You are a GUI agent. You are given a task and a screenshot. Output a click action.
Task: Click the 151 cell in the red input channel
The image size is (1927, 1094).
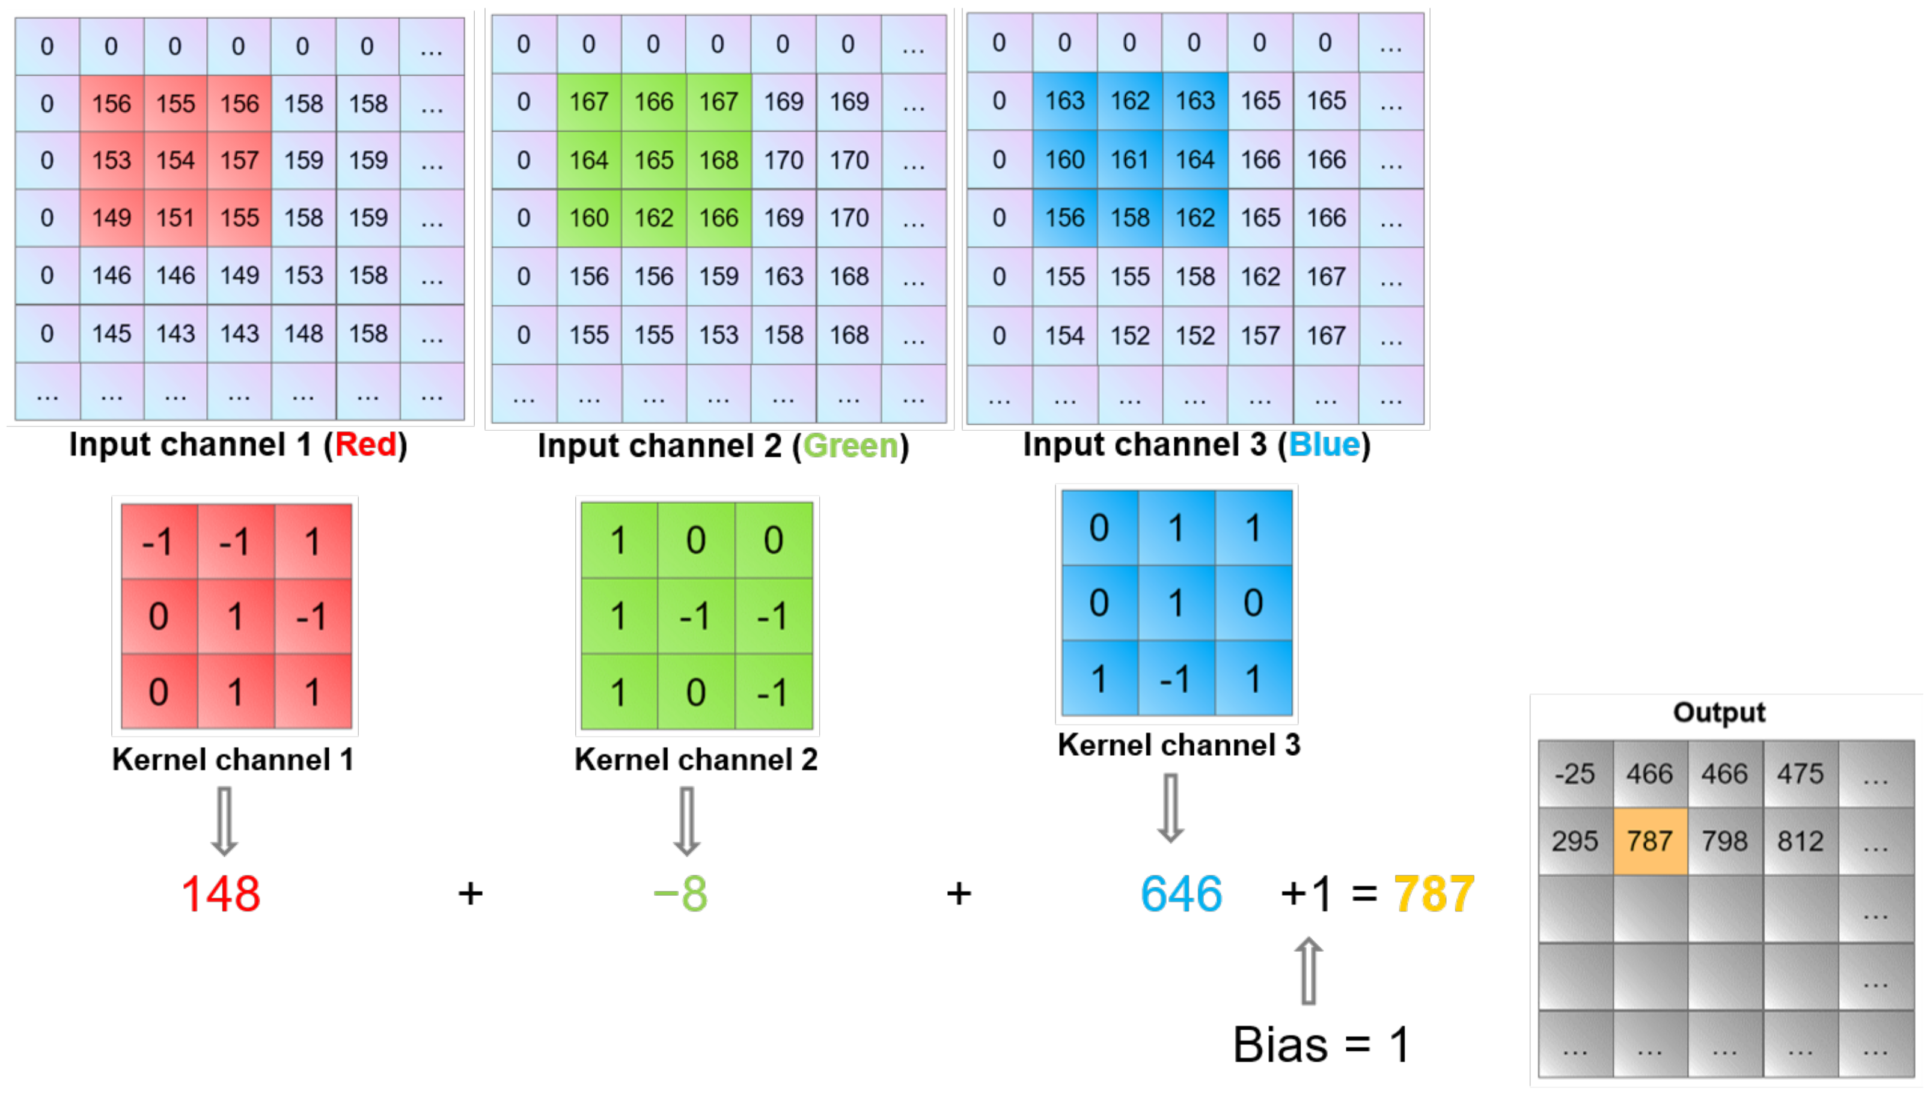point(175,218)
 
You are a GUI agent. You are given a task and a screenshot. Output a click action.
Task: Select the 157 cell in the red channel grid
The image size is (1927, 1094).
point(239,160)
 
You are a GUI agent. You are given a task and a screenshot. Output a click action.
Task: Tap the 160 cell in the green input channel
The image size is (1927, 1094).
point(588,218)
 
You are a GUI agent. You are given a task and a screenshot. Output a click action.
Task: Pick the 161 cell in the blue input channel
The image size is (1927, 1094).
point(1129,159)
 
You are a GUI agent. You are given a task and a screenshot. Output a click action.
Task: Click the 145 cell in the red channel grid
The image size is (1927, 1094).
point(111,333)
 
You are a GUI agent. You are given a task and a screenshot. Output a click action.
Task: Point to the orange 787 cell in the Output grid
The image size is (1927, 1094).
point(1650,841)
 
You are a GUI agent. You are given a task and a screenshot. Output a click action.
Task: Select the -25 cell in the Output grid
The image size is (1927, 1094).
point(1575,773)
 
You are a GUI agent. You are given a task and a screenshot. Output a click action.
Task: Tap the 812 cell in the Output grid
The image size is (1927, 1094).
point(1800,841)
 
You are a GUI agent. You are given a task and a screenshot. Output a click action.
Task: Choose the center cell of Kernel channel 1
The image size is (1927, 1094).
point(235,617)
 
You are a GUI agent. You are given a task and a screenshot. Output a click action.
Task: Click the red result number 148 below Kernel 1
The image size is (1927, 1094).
point(221,894)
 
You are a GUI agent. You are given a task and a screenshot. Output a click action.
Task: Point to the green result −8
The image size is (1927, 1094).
point(681,894)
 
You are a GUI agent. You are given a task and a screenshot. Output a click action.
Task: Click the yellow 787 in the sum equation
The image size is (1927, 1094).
point(1433,894)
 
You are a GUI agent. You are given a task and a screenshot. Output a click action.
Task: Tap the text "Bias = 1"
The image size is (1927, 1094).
point(1321,1044)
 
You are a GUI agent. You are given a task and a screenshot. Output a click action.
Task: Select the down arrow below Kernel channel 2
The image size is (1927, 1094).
point(686,821)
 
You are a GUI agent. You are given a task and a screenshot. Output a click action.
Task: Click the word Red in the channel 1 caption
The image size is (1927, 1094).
point(365,444)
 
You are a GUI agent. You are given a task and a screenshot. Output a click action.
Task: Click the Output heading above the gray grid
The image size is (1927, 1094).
point(1719,713)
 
